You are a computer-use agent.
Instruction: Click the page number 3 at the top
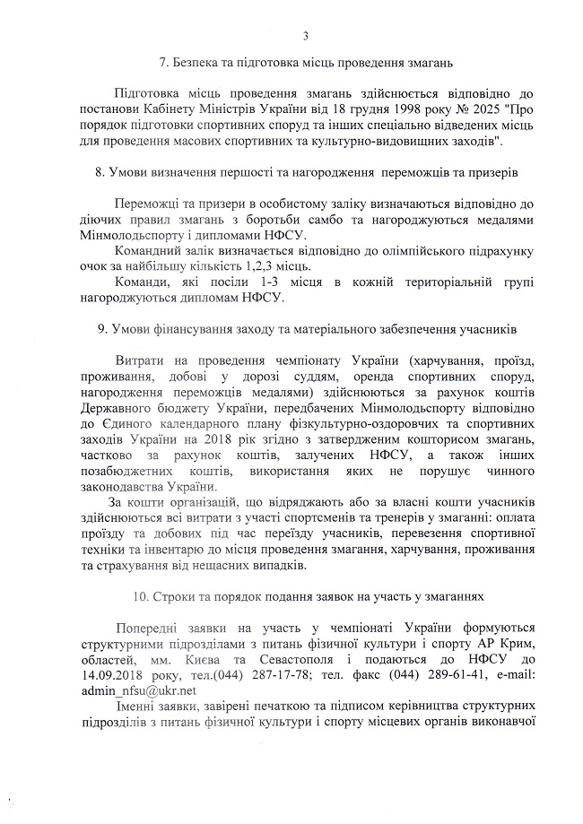pyautogui.click(x=306, y=36)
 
